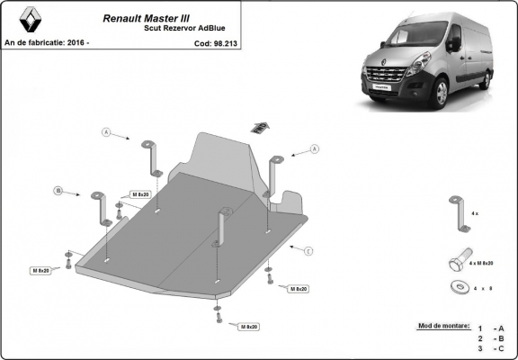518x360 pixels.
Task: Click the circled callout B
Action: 58,191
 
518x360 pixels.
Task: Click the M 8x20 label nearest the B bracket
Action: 140,194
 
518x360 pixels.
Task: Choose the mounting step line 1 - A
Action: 491,329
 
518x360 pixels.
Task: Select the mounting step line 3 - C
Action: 491,347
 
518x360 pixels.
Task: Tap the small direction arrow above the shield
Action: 260,126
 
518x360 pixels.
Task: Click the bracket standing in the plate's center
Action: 220,223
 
